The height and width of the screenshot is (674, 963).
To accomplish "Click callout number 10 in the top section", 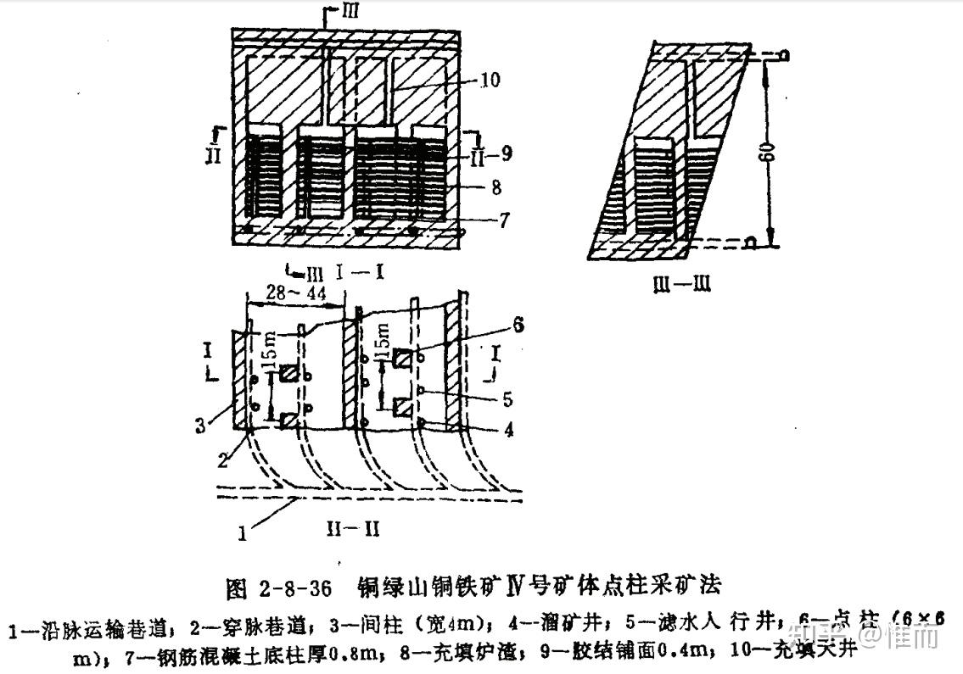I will coord(490,81).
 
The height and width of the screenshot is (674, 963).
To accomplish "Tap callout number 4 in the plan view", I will coord(508,429).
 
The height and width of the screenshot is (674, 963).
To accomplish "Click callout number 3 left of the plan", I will coord(200,425).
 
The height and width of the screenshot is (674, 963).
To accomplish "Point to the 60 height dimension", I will coord(767,155).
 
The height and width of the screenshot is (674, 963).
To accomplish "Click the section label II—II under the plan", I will coord(351,528).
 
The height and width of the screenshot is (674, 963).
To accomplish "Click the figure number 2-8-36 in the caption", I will coord(291,585).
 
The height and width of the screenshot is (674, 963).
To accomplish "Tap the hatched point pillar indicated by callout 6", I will coord(403,360).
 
